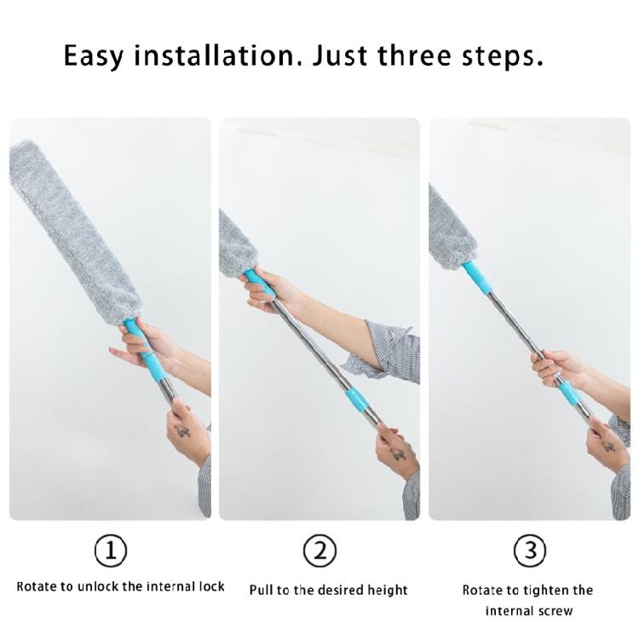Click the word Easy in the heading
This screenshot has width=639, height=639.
coord(93,56)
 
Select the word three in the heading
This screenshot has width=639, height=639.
coord(414,55)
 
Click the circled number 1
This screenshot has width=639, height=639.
coord(111,550)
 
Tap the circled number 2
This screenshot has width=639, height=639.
coord(319,550)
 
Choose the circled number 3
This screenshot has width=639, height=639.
coord(529,550)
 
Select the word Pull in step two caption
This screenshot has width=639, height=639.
coord(261,590)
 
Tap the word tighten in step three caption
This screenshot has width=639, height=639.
coord(545,591)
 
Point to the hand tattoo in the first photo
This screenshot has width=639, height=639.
coord(182,432)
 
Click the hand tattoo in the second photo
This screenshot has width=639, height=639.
coord(398,452)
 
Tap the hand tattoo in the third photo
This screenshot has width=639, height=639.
coord(608,446)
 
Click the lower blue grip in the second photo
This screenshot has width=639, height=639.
coord(357,400)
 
